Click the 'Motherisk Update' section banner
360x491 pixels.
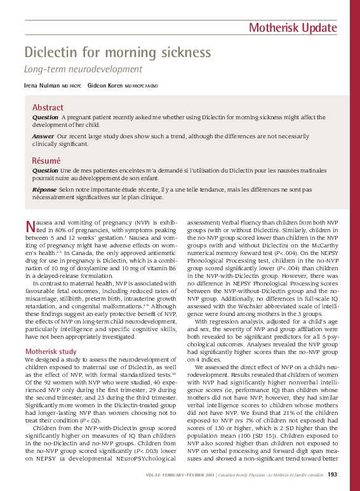(x=293, y=27)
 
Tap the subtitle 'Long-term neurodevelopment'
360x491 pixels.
(x=83, y=69)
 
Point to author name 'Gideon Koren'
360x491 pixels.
(x=105, y=85)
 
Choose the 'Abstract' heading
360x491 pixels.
(x=48, y=108)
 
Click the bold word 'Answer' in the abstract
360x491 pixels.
(x=43, y=136)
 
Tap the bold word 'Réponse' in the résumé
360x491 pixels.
(x=44, y=189)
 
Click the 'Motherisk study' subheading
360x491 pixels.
(x=51, y=351)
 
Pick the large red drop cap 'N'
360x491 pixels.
(x=29, y=226)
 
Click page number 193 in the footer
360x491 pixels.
(x=331, y=475)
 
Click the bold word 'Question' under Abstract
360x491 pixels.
(x=45, y=118)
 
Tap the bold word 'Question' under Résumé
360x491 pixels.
(x=45, y=171)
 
